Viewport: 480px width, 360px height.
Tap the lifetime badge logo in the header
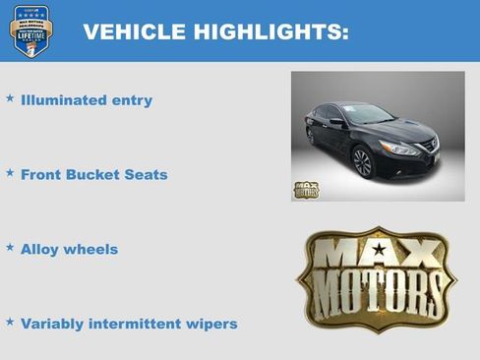click(x=30, y=31)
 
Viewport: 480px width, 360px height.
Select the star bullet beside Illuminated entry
click(x=10, y=98)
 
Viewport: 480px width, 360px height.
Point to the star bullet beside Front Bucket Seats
click(x=10, y=173)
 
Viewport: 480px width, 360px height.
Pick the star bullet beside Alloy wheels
click(x=10, y=248)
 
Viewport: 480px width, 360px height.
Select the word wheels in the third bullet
click(x=91, y=250)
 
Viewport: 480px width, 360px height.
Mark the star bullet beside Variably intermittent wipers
click(x=10, y=322)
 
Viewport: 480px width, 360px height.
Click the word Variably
click(x=55, y=324)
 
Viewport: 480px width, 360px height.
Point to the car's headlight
click(x=397, y=148)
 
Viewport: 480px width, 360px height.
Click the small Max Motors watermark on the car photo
click(x=306, y=190)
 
